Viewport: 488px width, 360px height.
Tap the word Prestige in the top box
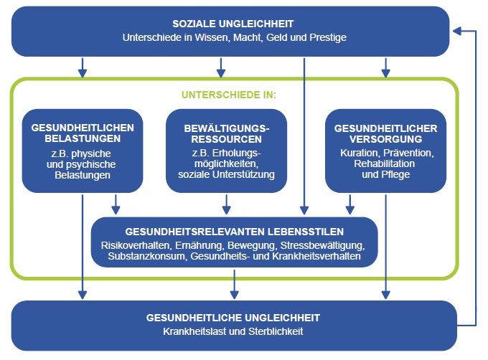(327, 37)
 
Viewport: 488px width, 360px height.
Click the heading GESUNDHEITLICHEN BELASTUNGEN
(83, 133)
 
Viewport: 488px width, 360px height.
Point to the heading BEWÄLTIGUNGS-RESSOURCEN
(225, 133)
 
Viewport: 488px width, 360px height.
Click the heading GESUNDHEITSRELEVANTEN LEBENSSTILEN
(235, 232)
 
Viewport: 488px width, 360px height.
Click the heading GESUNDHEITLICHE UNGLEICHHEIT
(233, 316)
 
